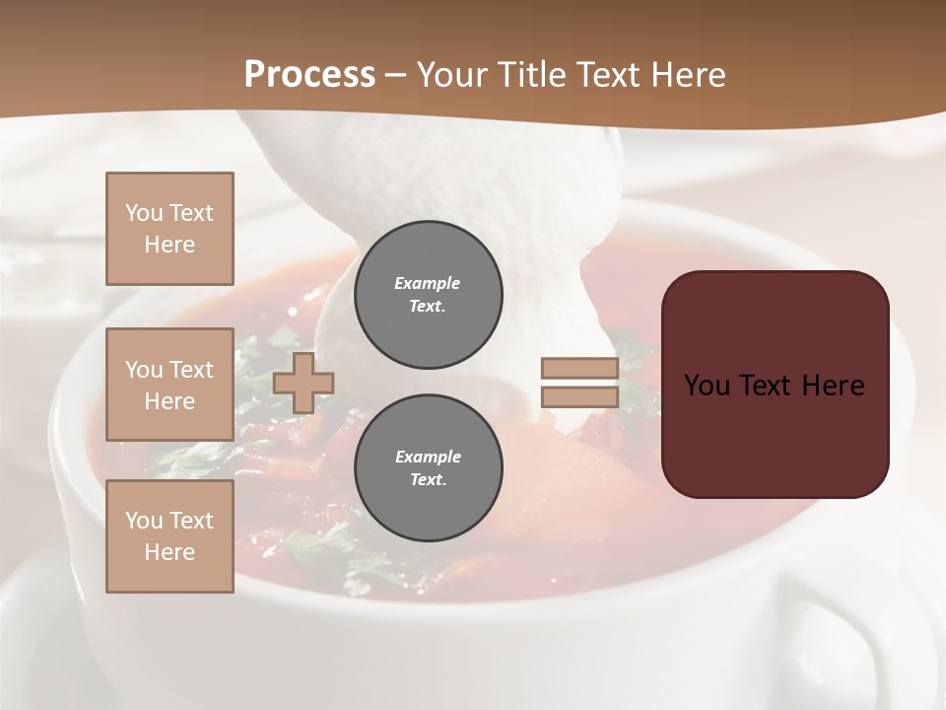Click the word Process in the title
click(309, 75)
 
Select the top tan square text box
click(169, 229)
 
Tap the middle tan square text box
click(169, 385)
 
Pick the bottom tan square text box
click(169, 536)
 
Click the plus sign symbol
click(304, 384)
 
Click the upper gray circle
click(429, 295)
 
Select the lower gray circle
click(429, 468)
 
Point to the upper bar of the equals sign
click(579, 369)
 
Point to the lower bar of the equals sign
click(579, 396)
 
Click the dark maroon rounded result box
click(775, 384)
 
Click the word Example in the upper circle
click(428, 283)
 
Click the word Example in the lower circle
click(428, 457)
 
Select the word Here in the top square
click(169, 245)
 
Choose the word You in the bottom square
click(144, 521)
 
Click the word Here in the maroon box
click(834, 386)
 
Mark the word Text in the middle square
click(190, 370)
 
